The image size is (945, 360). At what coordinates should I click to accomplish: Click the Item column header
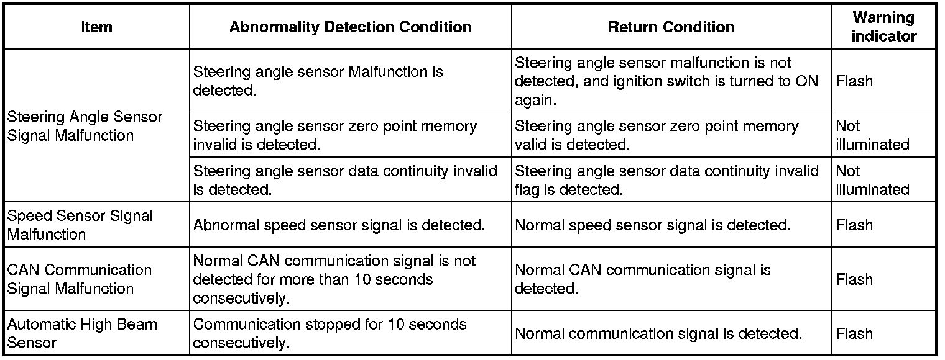pyautogui.click(x=96, y=27)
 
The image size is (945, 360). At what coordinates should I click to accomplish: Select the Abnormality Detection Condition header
pyautogui.click(x=350, y=27)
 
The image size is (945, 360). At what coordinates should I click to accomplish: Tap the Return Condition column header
pyautogui.click(x=671, y=27)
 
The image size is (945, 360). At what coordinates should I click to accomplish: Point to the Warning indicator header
pyautogui.click(x=883, y=27)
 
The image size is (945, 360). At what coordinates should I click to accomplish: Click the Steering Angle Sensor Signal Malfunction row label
pyautogui.click(x=85, y=126)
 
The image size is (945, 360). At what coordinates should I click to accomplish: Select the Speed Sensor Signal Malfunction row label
pyautogui.click(x=80, y=225)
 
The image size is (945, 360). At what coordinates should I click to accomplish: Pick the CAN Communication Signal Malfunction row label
pyautogui.click(x=80, y=279)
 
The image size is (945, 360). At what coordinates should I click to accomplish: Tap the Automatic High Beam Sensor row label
pyautogui.click(x=82, y=333)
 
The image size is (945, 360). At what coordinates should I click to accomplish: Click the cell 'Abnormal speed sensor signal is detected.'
pyautogui.click(x=339, y=225)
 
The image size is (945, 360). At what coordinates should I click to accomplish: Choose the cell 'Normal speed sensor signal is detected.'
pyautogui.click(x=653, y=225)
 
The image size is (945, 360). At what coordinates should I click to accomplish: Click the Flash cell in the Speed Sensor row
pyautogui.click(x=854, y=225)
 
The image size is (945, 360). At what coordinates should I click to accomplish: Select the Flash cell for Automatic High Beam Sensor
pyautogui.click(x=854, y=334)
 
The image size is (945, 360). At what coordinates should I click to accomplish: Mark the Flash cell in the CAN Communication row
pyautogui.click(x=854, y=279)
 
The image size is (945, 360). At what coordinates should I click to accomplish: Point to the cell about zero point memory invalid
pyautogui.click(x=335, y=135)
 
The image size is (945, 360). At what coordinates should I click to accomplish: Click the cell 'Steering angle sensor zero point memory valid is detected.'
pyautogui.click(x=657, y=135)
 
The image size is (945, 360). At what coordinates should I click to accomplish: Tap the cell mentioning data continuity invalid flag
pyautogui.click(x=667, y=180)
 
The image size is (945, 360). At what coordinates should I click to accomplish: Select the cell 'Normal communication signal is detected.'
pyautogui.click(x=658, y=334)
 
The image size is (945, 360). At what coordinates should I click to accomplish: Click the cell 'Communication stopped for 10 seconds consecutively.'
pyautogui.click(x=330, y=333)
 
